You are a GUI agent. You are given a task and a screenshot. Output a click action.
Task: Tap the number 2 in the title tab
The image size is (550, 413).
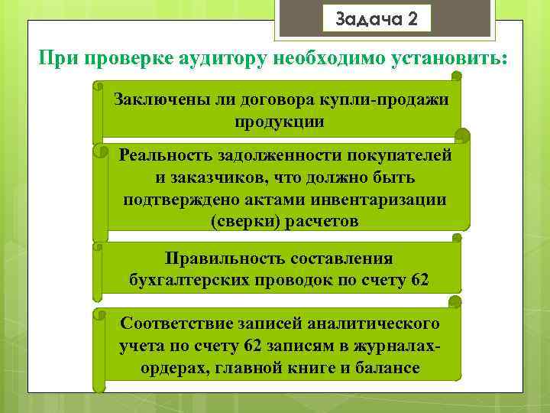tap(413, 18)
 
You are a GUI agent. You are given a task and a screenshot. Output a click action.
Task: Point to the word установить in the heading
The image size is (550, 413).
tap(442, 59)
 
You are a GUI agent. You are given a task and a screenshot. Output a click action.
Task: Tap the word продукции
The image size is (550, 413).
tap(280, 122)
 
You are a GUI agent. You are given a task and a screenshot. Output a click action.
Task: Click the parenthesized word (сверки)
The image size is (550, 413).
tap(243, 221)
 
